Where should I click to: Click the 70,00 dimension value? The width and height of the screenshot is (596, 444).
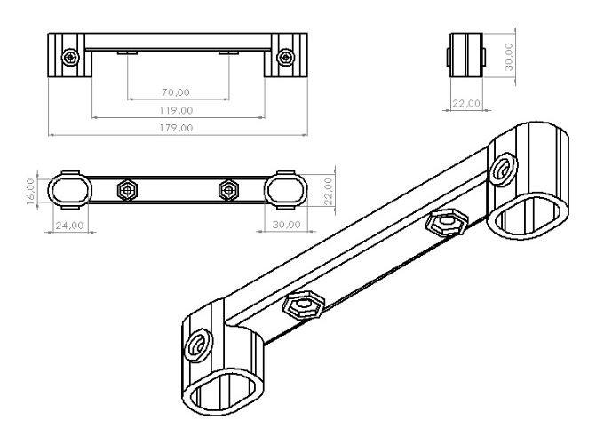point(176,92)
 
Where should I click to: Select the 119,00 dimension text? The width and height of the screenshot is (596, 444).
point(176,111)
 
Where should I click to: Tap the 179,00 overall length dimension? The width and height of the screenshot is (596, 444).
point(176,128)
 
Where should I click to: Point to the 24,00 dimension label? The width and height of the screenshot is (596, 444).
point(69,226)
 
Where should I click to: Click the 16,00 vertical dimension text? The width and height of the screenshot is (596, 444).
point(31,192)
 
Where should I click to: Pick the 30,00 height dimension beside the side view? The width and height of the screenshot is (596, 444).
point(509,57)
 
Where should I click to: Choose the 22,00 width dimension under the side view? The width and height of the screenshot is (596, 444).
point(466,103)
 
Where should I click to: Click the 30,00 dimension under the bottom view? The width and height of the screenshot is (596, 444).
point(287,225)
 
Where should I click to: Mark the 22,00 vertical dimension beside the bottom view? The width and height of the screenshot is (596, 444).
point(329,192)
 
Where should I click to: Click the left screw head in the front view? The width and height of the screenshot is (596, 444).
point(70,58)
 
